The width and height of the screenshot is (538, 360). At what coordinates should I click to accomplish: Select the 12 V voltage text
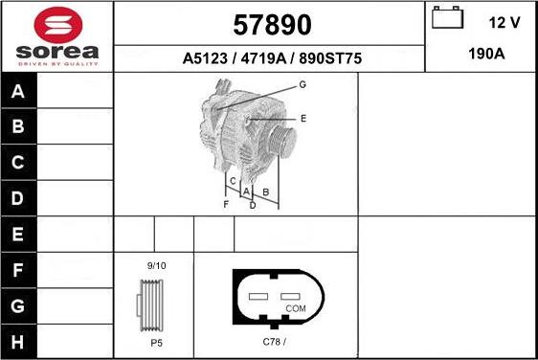tap(504, 21)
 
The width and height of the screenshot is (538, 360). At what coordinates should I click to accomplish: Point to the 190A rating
tap(486, 55)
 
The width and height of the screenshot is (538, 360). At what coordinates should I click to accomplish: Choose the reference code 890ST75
tap(329, 58)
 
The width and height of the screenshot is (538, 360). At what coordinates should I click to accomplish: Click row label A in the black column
tap(17, 92)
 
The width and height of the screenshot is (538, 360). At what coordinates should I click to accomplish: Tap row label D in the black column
tap(17, 198)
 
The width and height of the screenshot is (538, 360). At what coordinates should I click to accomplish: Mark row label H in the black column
tap(17, 342)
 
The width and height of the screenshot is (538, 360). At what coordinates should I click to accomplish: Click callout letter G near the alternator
tap(303, 85)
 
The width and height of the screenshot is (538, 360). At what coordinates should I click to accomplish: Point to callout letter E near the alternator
tap(303, 119)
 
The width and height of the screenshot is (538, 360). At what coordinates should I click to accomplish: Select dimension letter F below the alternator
tap(226, 205)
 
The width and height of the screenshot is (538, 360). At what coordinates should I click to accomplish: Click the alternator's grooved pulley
tap(277, 141)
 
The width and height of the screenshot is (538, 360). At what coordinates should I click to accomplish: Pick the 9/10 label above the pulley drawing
tap(155, 265)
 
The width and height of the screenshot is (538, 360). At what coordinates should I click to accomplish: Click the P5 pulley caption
tap(155, 342)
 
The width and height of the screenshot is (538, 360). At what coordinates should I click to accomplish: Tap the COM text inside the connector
tap(297, 308)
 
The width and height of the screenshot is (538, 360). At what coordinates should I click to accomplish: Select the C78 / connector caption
tap(275, 342)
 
